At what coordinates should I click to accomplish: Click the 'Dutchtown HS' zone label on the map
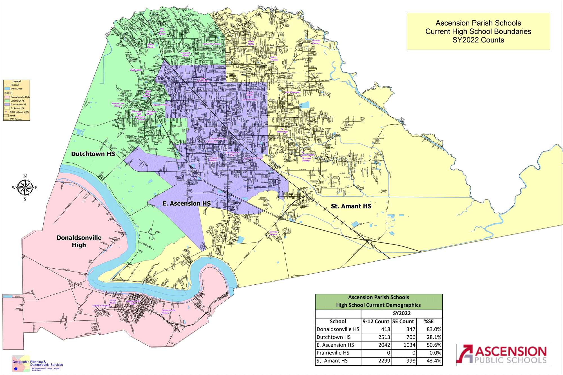point(93,154)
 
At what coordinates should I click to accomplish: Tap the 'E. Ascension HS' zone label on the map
point(186,203)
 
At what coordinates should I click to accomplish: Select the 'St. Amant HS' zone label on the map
point(351,206)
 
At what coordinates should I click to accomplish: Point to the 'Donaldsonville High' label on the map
point(79,241)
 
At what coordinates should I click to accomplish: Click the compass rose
point(25,188)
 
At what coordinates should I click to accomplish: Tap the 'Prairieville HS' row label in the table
point(333,353)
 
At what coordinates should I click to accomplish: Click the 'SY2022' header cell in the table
point(401,313)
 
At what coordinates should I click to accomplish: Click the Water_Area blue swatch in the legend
point(7,89)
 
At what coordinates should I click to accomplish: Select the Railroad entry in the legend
point(14,85)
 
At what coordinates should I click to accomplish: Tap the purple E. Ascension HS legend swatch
point(7,104)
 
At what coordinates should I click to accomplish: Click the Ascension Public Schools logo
point(503,355)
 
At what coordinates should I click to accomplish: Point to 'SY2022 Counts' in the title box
point(478,40)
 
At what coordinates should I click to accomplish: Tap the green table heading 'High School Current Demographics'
point(378,305)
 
